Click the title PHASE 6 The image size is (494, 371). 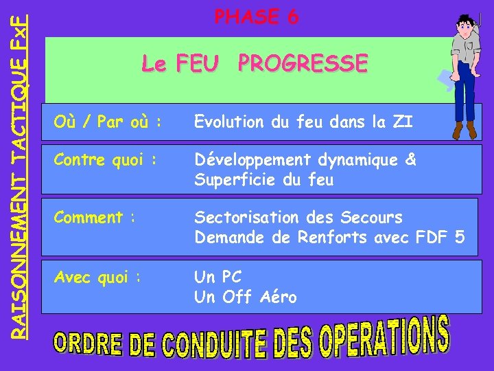click(x=257, y=17)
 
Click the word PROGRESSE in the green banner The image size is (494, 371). click(x=303, y=64)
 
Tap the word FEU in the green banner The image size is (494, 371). click(x=198, y=65)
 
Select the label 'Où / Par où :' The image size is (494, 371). click(x=108, y=122)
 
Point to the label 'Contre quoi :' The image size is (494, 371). click(x=105, y=161)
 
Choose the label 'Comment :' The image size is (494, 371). click(x=95, y=218)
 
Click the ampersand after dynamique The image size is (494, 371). click(x=410, y=160)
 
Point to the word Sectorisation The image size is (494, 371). click(x=246, y=218)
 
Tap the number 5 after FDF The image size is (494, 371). click(x=459, y=238)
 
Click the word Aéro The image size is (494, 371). click(x=279, y=297)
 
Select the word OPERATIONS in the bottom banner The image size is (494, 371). click(x=385, y=337)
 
